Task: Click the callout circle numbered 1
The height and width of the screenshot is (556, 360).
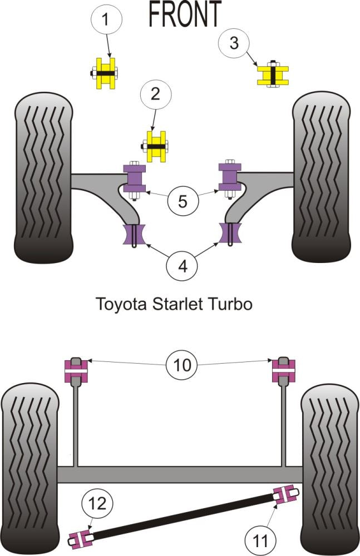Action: (x=105, y=21)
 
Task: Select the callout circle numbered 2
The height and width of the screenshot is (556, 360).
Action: (x=155, y=93)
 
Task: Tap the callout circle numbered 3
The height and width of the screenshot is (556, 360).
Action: (x=233, y=42)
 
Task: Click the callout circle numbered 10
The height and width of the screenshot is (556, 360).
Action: (x=183, y=365)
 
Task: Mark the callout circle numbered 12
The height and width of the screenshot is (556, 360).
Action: (x=97, y=504)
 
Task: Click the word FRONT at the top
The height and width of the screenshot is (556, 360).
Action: (x=184, y=14)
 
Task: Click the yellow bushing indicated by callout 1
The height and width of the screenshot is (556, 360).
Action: (x=106, y=73)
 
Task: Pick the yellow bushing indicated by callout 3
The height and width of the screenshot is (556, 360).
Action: (x=273, y=74)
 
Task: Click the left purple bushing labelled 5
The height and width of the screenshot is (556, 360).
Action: (x=136, y=178)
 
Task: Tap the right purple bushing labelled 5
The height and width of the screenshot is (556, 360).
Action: (x=229, y=177)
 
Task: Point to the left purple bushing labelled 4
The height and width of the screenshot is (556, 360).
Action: (x=135, y=234)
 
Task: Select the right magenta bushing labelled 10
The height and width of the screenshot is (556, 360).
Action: (x=283, y=369)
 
